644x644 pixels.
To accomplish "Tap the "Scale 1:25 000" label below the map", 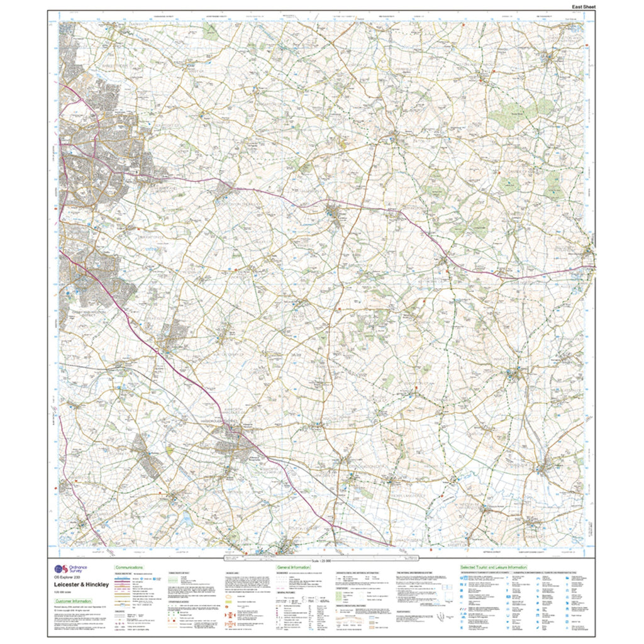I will point(320,560).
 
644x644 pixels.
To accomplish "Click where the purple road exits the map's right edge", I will point(594,267).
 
